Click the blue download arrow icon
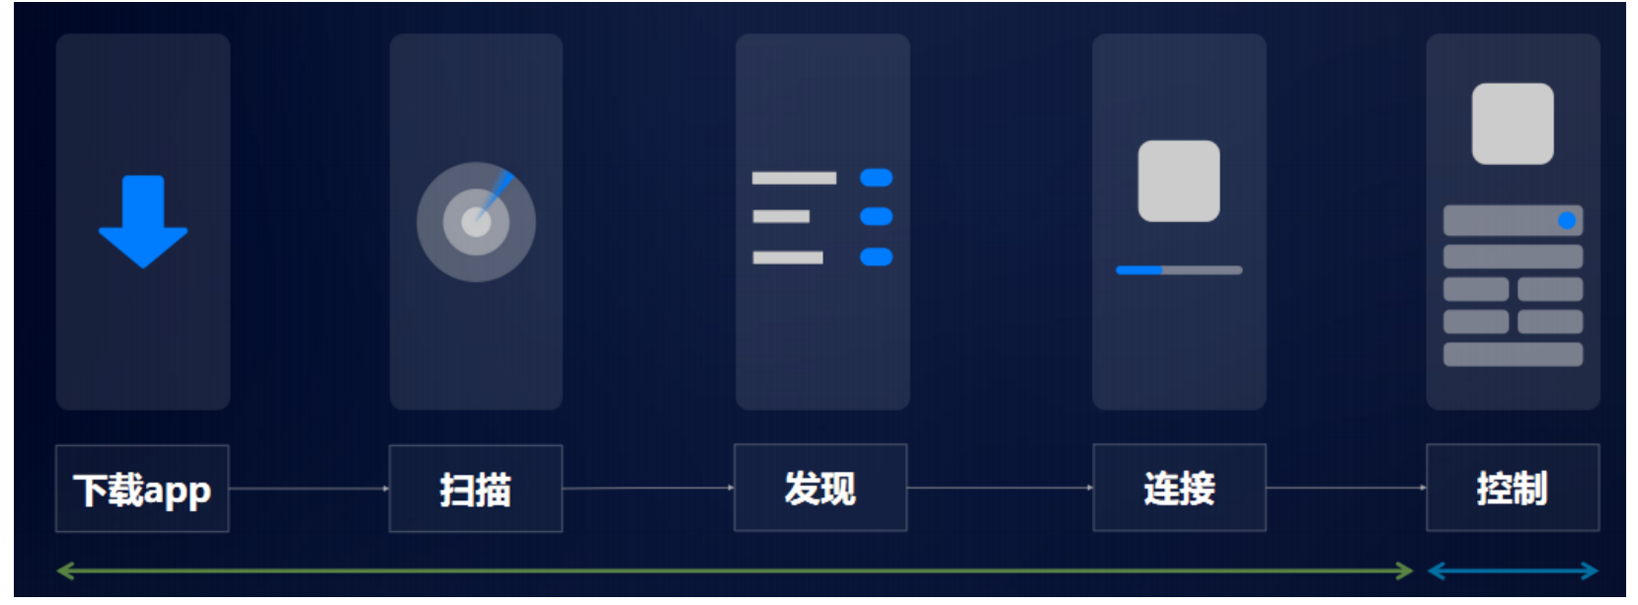tap(143, 221)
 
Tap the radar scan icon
tap(476, 222)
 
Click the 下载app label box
tap(142, 489)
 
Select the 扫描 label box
tap(476, 489)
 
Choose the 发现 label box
tap(819, 488)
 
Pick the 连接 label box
tap(1179, 488)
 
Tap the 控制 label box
tap(1512, 488)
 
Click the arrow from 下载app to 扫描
tap(309, 489)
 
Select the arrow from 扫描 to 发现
tap(648, 488)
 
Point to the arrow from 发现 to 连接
tap(999, 488)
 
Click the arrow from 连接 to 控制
tap(1346, 488)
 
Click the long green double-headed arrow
tap(735, 570)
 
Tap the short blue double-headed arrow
tap(1512, 570)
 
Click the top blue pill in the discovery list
tap(876, 178)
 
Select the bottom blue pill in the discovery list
tap(876, 258)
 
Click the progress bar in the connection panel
tap(1179, 269)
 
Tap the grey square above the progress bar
tap(1179, 181)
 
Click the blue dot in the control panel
tap(1566, 220)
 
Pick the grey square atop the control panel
tap(1512, 123)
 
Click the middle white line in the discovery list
tap(781, 216)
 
